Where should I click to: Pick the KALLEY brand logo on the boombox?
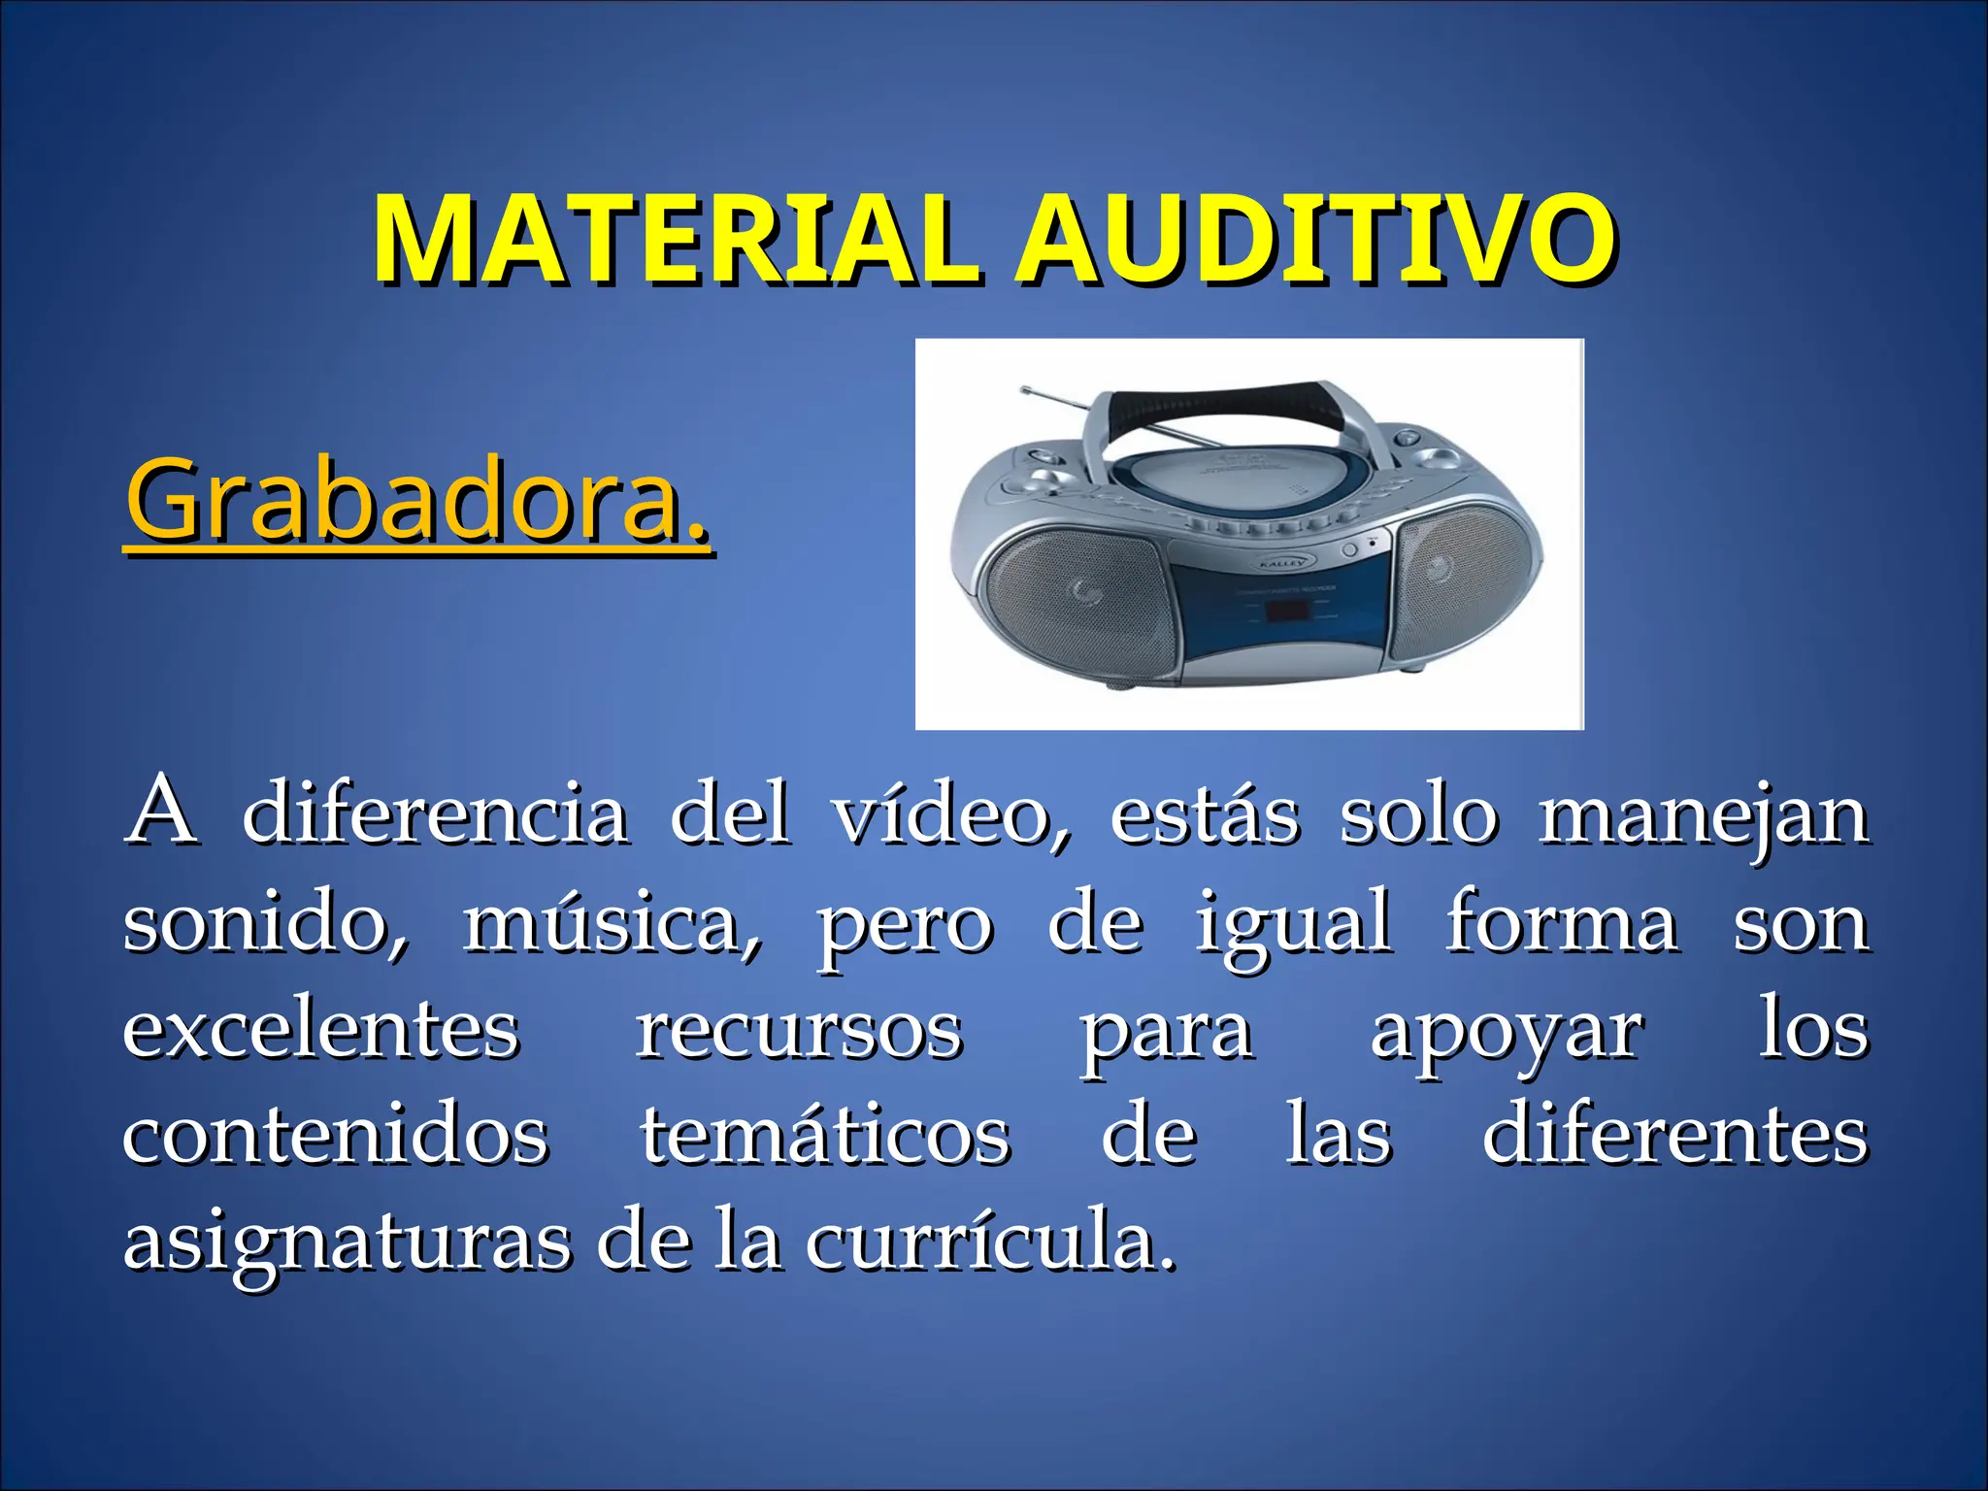pyautogui.click(x=1285, y=562)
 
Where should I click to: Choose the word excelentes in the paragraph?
pyautogui.click(x=321, y=1031)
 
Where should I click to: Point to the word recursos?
pyautogui.click(x=799, y=1031)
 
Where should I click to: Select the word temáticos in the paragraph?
pyautogui.click(x=825, y=1136)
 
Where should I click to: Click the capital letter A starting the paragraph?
pyautogui.click(x=162, y=812)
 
